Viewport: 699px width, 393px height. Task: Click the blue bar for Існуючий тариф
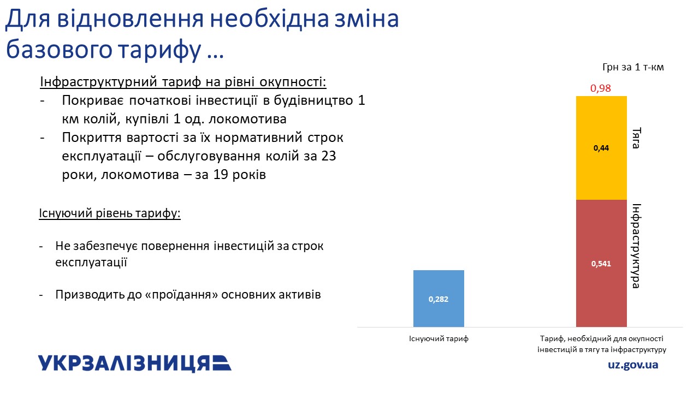(439, 299)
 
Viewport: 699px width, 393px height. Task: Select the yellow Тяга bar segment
(601, 148)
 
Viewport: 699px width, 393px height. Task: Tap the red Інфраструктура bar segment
(601, 263)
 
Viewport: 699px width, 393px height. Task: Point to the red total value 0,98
(600, 88)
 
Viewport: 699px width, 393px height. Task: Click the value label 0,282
(439, 299)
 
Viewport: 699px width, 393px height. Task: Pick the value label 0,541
(601, 264)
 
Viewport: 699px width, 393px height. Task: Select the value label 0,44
(601, 148)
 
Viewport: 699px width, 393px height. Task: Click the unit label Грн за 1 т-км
(633, 67)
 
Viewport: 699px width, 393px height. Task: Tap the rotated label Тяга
(636, 138)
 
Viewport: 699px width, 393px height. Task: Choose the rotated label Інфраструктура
(636, 246)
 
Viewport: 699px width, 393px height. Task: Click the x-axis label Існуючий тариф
(439, 339)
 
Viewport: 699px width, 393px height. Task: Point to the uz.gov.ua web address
(633, 365)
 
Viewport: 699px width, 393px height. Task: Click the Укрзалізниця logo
(135, 364)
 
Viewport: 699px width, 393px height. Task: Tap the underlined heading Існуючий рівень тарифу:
(110, 213)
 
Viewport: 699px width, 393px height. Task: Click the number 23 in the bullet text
(328, 156)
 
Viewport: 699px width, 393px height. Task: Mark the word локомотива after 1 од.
(247, 119)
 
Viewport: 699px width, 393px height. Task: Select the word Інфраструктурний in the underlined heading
(98, 82)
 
